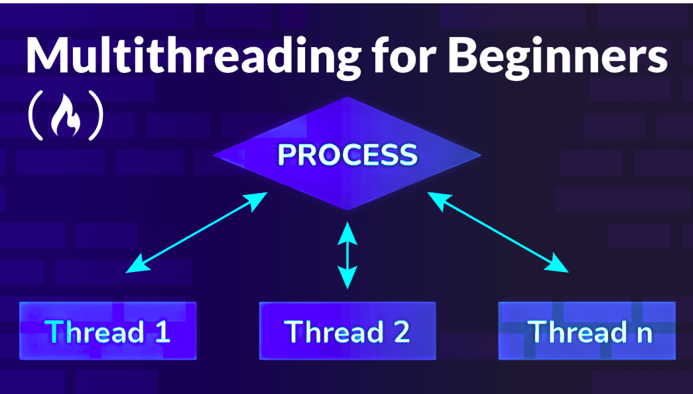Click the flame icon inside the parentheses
coord(66,117)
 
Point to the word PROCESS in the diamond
coord(347,155)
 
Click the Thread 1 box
coord(108,331)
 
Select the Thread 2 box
coord(347,331)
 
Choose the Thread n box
coord(587,331)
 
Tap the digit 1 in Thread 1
coord(161,331)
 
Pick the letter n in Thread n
coord(643,333)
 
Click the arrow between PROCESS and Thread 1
coord(197,233)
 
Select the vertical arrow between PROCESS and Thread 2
coord(347,255)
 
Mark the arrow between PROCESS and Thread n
coord(498,233)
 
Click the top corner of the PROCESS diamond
coord(347,99)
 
